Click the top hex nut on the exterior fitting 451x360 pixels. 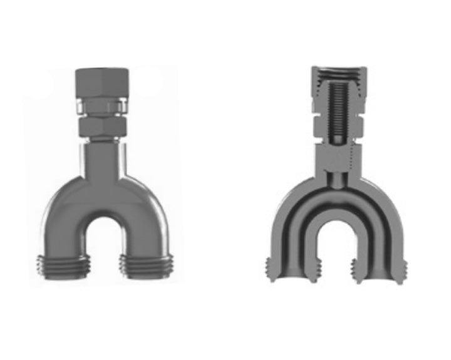tap(101, 85)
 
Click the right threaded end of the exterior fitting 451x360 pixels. tap(138, 265)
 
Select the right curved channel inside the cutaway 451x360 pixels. tap(377, 219)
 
